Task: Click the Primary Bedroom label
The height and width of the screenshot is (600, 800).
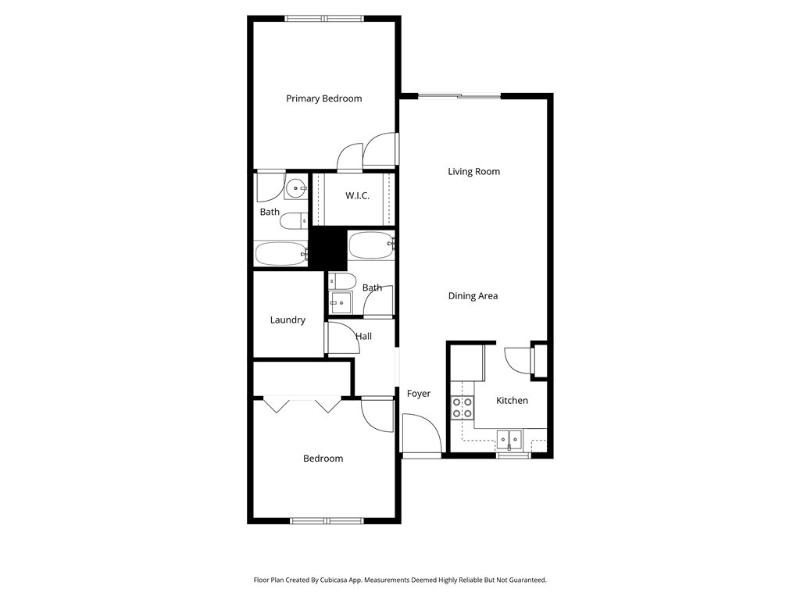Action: coord(324,98)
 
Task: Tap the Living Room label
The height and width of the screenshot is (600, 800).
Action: coord(474,171)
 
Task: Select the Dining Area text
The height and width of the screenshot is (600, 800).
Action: coord(473,296)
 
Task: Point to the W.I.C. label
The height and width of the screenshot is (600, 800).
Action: coord(357,195)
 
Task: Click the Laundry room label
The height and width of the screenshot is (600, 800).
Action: coord(287,320)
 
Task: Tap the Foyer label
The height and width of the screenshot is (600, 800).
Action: coord(419,394)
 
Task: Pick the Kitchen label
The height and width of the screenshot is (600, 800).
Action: coord(512,401)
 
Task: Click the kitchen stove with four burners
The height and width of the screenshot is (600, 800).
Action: coord(462,408)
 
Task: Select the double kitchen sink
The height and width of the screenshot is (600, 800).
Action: coord(509,439)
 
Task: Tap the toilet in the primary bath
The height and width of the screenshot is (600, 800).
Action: coord(294,221)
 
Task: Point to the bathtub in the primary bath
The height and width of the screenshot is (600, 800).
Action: coord(281,254)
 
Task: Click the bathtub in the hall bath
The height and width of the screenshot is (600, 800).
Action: coord(371,245)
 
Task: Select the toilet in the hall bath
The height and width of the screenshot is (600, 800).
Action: coord(342,281)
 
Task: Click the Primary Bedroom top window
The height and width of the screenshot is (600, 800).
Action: coord(324,19)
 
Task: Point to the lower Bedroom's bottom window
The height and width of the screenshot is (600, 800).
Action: coord(327,521)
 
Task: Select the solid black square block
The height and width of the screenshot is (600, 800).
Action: coord(329,248)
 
